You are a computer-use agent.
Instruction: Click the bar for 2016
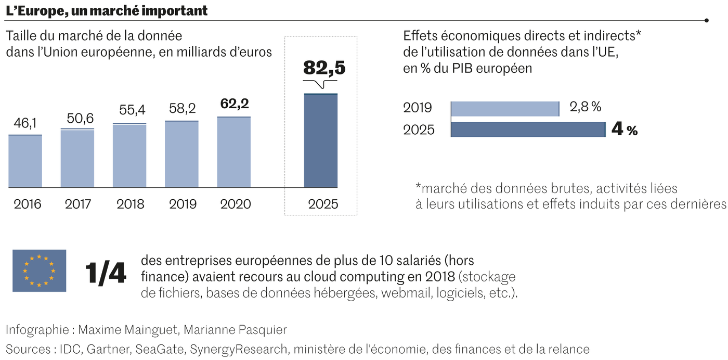point(25,161)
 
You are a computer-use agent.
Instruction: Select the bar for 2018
point(129,156)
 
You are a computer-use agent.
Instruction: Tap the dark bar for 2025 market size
point(320,140)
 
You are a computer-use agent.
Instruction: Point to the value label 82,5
point(324,68)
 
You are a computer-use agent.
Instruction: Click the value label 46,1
point(24,123)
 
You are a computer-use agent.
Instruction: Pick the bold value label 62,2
point(233,104)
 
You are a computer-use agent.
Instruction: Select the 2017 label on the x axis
point(78,204)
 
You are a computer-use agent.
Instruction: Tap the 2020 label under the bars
point(235,204)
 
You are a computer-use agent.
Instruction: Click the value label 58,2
point(181,109)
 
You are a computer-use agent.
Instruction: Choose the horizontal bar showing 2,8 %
point(504,109)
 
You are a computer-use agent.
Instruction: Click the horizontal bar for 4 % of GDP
point(528,130)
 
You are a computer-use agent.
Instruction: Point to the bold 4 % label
point(624,129)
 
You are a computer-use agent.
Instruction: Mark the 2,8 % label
point(585,107)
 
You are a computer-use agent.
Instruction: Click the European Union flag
point(40,271)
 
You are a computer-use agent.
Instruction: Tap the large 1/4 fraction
point(106,273)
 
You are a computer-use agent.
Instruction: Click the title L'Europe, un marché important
point(107,10)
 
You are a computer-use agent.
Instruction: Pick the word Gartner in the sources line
point(108,349)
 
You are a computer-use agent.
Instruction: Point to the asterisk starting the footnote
point(419,186)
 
